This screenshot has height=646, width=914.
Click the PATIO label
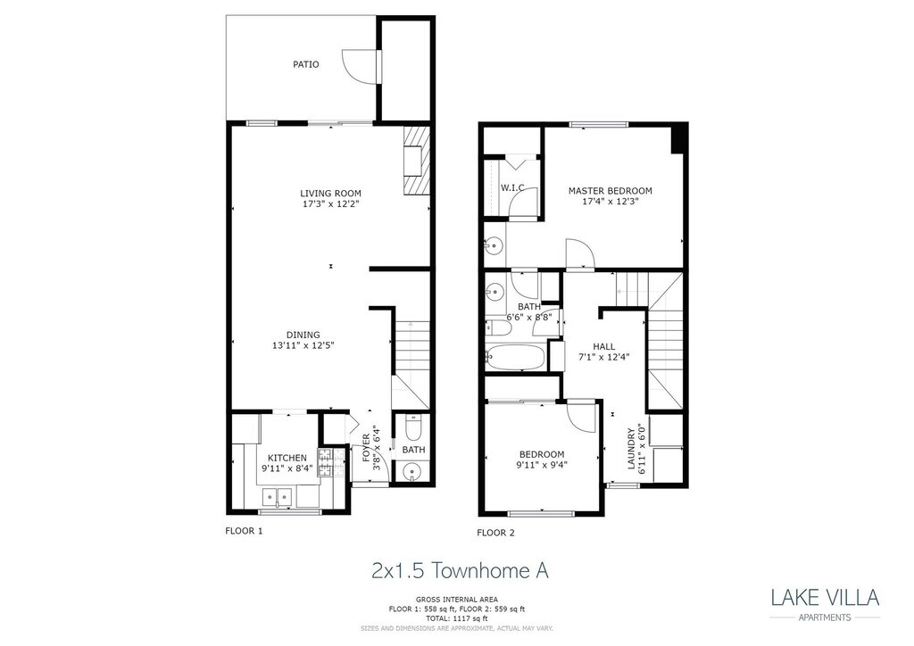click(306, 64)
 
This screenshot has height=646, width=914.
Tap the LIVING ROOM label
click(330, 193)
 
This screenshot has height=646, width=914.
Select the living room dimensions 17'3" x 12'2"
click(330, 203)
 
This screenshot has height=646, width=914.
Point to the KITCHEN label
click(287, 458)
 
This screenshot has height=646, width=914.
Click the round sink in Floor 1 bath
click(413, 472)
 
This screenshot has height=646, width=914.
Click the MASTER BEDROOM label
click(611, 191)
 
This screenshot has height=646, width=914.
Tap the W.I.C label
click(512, 187)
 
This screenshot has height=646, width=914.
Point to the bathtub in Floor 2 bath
click(515, 358)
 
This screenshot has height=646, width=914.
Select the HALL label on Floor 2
click(604, 346)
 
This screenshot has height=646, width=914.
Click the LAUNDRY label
click(631, 448)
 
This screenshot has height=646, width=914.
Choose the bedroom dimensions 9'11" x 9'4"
click(542, 464)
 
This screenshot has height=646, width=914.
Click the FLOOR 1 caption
click(243, 530)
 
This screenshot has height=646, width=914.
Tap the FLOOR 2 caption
click(496, 533)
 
